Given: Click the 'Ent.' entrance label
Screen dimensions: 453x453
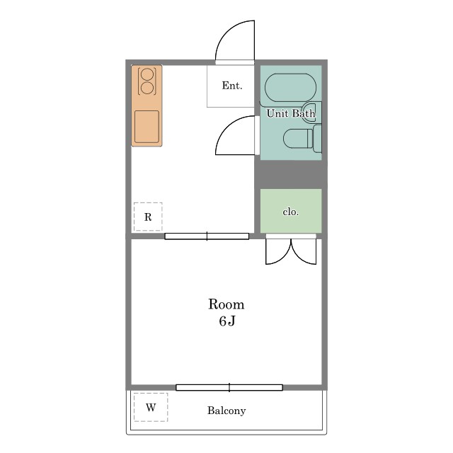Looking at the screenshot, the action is point(232,86).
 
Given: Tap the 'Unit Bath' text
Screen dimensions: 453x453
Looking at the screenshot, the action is point(291,113).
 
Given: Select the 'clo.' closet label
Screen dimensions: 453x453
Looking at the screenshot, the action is point(291,212).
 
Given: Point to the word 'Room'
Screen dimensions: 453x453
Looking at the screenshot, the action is point(226,304).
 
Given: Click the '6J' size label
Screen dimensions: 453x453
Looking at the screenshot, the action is point(227,321).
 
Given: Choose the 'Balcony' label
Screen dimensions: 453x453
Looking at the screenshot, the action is point(226,411).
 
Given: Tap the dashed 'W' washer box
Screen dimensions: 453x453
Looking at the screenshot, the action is point(151,407).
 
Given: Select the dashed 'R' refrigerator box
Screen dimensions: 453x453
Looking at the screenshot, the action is point(148,217).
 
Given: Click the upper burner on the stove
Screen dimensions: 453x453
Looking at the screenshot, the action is point(147,74).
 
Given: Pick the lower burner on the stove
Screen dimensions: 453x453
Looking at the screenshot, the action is point(147,88).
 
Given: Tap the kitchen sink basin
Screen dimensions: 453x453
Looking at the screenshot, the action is point(147,127).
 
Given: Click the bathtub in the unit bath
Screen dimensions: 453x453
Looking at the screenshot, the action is point(291,88).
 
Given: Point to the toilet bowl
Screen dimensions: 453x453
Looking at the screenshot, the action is point(299,139).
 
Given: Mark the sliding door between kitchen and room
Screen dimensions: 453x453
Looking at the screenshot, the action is point(207,236).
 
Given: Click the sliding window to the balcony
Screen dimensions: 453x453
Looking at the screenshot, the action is point(229,387).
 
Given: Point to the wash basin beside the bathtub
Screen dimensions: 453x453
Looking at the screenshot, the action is point(313,109).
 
